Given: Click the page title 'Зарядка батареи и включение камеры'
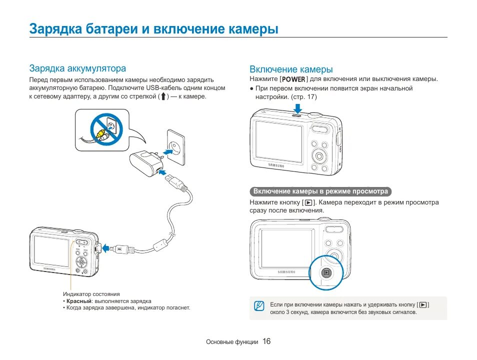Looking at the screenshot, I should [153, 28].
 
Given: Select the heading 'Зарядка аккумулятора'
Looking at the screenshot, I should [77, 68].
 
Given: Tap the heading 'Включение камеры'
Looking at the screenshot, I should [291, 69].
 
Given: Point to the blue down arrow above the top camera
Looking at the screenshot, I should [297, 108].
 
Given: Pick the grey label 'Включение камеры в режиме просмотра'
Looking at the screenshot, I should [320, 191].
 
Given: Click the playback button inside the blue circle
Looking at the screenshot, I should [326, 272].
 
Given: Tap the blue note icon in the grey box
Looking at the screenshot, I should [258, 306].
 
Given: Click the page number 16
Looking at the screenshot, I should [266, 341].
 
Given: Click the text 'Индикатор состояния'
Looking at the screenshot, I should [91, 294].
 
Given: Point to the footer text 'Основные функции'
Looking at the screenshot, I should [232, 342].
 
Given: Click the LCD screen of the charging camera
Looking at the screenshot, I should [51, 250].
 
